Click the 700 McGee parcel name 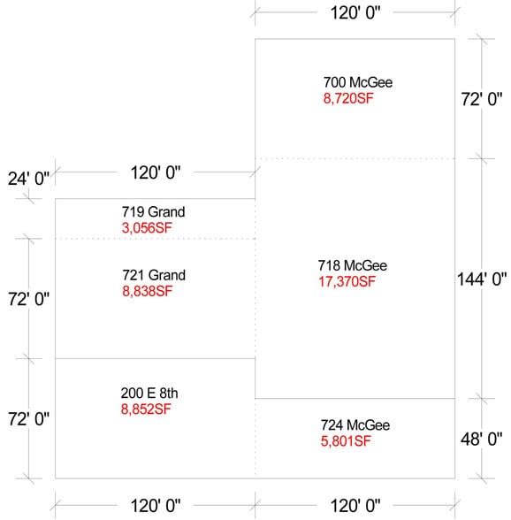[357, 83]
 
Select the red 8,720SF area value [349, 99]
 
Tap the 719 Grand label [153, 212]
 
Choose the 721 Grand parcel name [153, 276]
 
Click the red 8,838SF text [147, 291]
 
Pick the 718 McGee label [352, 266]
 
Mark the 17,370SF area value [347, 282]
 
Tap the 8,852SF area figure [146, 409]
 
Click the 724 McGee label [355, 425]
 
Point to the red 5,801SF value [347, 440]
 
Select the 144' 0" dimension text [481, 279]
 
